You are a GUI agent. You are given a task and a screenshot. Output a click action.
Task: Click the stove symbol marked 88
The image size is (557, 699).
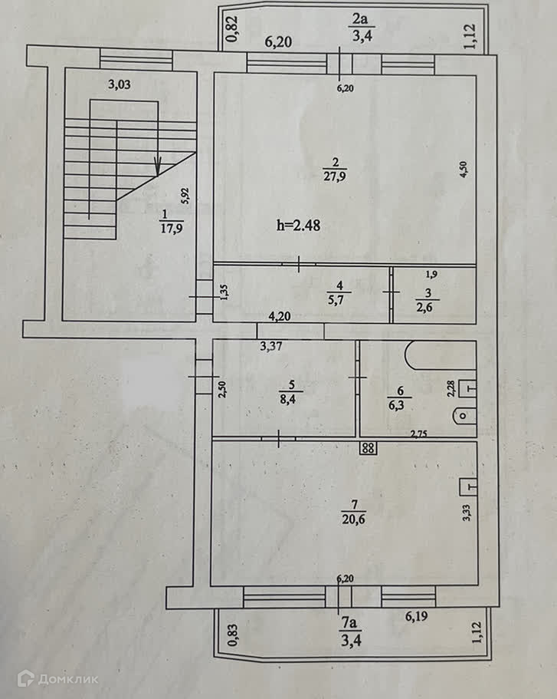tap(369, 448)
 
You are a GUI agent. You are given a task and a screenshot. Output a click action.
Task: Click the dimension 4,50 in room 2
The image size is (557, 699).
tap(463, 169)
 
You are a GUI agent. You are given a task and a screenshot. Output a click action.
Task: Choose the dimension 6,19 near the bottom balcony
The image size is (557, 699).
tap(418, 615)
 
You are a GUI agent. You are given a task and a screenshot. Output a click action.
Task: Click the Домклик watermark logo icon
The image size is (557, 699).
tap(26, 678)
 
